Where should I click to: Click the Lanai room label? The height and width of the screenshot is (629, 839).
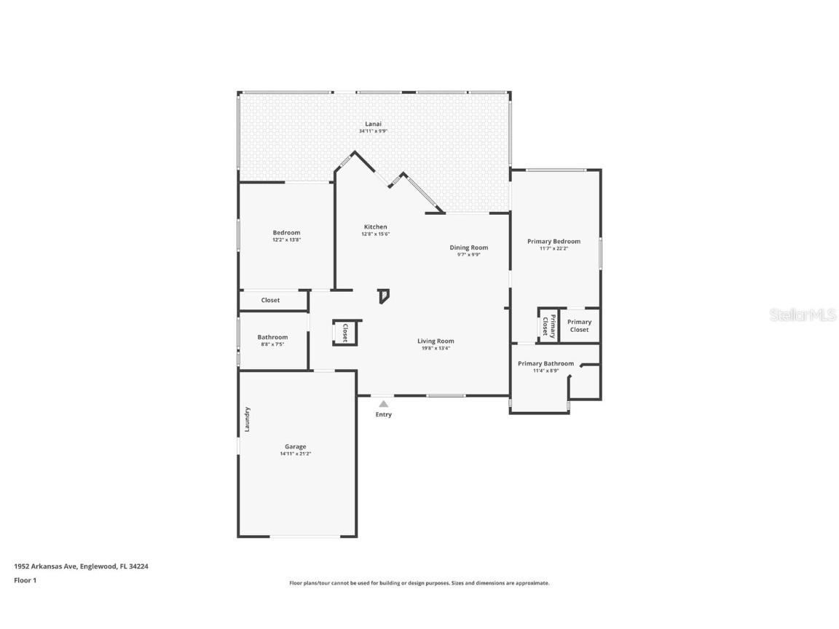pos(373,124)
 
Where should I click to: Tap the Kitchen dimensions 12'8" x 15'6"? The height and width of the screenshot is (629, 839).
pos(376,234)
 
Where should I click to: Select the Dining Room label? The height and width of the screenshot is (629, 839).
pos(468,248)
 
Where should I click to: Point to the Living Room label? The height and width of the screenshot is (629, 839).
pos(436,341)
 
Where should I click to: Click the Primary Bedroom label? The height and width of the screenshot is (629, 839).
pos(554,241)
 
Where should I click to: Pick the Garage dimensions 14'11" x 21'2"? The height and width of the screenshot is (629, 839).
pos(295,454)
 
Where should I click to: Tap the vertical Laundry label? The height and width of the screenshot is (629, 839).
pos(248,419)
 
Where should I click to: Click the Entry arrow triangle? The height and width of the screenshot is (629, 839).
pos(383,403)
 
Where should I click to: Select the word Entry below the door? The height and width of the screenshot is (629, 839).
pos(383,415)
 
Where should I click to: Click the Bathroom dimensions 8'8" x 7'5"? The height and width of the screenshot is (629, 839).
pos(272,344)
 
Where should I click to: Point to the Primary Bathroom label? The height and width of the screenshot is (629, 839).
pos(545,363)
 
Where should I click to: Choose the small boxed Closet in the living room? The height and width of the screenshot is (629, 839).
pos(345,332)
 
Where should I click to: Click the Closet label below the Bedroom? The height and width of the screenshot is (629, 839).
pos(270,300)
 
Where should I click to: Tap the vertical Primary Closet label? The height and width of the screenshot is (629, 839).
pos(548,325)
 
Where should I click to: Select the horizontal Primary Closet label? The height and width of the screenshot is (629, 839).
pos(579,325)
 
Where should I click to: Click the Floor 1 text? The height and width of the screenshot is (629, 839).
pos(25,580)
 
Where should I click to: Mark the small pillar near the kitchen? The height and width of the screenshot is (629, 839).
pos(384,296)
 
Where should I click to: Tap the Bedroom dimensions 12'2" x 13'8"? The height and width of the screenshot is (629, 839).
pos(286,240)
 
